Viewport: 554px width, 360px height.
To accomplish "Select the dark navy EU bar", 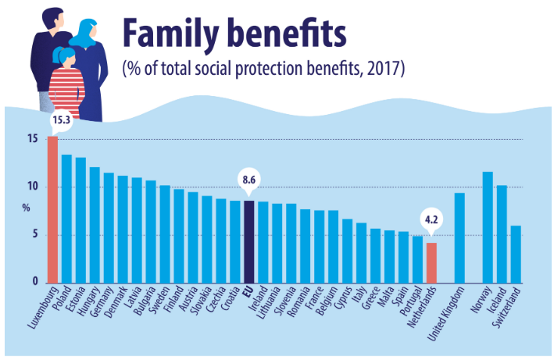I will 248,241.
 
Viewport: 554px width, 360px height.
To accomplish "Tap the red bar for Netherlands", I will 431,262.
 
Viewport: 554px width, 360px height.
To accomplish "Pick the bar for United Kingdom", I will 459,237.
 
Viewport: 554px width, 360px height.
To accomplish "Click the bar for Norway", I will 488,226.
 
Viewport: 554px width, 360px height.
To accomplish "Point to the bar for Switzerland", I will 516,254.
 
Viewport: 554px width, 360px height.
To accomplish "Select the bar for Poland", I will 66,218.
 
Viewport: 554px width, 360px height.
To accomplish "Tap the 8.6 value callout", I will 249,180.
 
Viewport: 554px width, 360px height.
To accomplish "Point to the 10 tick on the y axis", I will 32,187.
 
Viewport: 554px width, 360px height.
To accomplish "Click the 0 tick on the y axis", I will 35,282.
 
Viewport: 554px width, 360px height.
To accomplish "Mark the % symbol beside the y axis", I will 26,209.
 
